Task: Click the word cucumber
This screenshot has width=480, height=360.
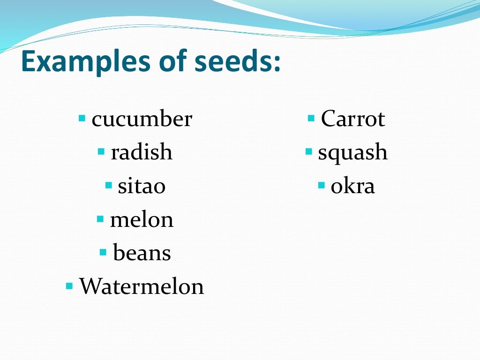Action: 142,119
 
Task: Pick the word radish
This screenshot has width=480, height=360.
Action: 142,153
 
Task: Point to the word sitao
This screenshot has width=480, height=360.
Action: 142,186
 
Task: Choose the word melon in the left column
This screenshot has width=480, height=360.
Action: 142,219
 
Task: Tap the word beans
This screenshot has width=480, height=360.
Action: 142,253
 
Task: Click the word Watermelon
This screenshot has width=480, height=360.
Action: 142,286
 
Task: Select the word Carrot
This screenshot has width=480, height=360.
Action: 352,119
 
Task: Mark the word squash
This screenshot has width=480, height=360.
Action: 352,153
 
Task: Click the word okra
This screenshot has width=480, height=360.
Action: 352,186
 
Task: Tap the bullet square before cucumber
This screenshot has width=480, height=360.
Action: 82,117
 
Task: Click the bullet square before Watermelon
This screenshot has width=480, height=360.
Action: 69,285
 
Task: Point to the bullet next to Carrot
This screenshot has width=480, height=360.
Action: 311,117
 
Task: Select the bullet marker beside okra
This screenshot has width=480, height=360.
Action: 321,185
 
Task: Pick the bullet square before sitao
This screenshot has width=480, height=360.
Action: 109,185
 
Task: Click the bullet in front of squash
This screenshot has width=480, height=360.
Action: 308,151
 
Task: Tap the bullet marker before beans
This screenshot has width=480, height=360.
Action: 104,252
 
